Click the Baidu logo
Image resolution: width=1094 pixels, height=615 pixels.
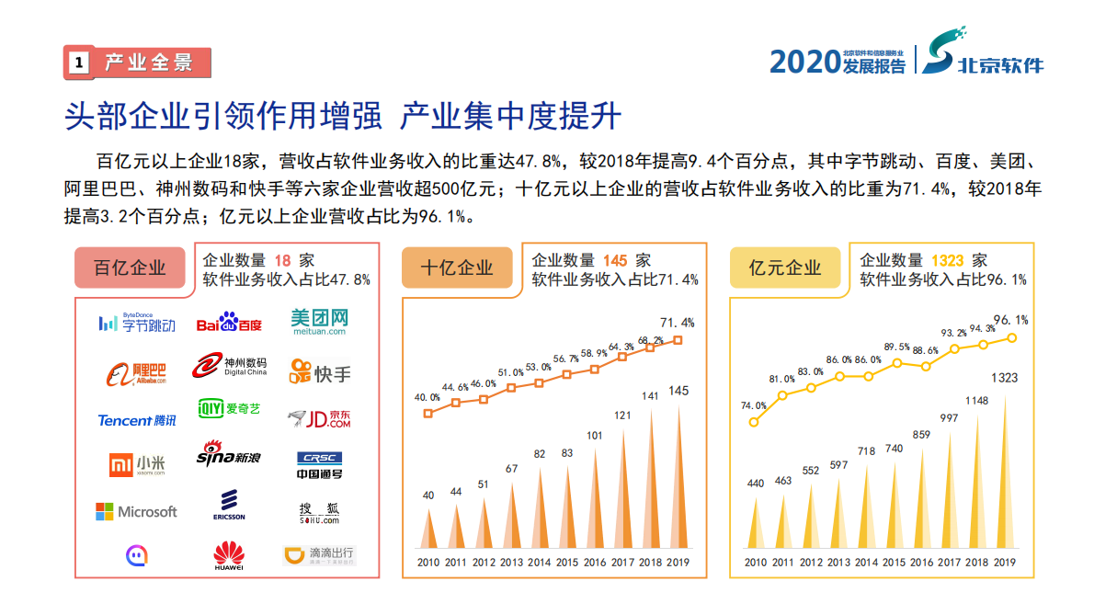pos(229,324)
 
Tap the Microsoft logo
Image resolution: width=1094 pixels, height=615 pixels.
pos(136,511)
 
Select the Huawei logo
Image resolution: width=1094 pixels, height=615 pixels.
pos(228,555)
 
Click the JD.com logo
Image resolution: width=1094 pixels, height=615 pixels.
pos(319,420)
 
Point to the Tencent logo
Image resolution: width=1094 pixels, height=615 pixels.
pos(136,420)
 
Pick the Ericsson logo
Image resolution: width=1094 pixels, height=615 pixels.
pos(228,505)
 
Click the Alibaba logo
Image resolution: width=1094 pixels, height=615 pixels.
pos(136,372)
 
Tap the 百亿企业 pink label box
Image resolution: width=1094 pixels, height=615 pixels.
pos(130,268)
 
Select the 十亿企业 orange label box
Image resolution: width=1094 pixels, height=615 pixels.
pos(457,268)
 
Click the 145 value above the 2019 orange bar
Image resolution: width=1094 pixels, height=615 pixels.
pos(678,391)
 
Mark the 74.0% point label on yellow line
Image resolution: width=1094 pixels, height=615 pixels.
pos(753,405)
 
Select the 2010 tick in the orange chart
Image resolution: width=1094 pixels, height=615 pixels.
pos(427,563)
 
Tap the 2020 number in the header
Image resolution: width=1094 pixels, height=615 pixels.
pos(803,62)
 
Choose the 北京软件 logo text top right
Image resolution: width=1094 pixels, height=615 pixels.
pos(1000,65)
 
